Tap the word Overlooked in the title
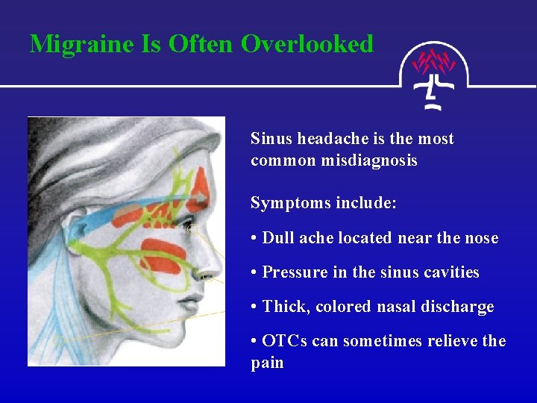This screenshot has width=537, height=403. coord(307,43)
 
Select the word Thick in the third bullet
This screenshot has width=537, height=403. coord(284,307)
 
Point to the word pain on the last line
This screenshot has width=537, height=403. coord(267,363)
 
